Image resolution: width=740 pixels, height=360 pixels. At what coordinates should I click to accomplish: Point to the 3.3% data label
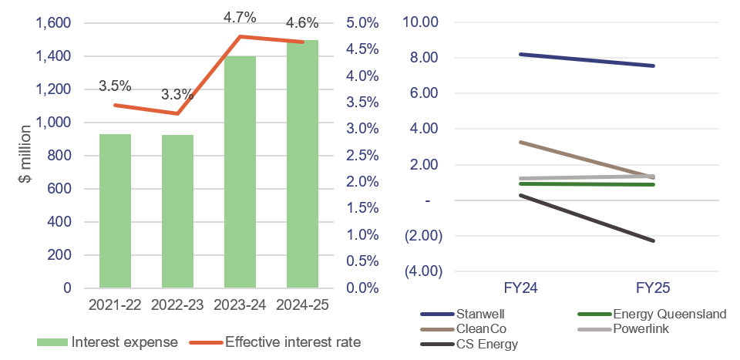(177, 95)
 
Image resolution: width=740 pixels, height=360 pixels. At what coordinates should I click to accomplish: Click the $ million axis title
(25, 156)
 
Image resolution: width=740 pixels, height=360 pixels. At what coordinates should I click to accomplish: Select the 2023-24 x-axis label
(240, 305)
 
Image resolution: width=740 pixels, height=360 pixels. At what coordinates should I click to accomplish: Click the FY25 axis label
(654, 288)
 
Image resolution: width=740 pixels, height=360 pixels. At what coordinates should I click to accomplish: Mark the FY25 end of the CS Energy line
(654, 241)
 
